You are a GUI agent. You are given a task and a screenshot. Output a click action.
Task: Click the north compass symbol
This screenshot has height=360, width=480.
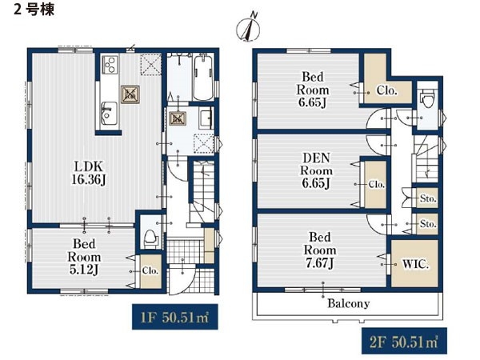248,28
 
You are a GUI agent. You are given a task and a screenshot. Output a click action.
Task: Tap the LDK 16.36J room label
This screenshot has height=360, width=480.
89,174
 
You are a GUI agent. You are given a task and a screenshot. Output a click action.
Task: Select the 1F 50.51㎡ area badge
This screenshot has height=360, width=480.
174,317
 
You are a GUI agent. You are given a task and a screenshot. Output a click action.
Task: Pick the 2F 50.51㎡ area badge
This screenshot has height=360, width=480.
404,341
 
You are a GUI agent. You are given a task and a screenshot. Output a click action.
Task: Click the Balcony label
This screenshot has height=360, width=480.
348,304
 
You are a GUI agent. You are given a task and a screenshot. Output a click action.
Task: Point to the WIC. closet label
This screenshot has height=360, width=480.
415,264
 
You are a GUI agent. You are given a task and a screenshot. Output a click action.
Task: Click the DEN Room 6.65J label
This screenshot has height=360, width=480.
316,171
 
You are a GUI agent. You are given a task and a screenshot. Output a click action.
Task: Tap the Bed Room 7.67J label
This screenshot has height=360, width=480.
319,250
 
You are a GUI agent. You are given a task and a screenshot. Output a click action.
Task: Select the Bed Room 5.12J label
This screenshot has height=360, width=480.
84,257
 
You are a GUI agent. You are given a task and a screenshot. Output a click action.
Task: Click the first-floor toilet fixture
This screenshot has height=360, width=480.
151,238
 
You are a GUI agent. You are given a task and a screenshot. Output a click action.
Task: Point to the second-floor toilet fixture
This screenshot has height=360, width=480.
427,98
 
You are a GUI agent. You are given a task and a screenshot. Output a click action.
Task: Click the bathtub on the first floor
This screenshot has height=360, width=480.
203,77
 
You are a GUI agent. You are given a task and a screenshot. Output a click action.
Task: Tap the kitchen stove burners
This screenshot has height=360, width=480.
110,65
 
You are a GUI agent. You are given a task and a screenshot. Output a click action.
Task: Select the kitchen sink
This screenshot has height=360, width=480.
110,114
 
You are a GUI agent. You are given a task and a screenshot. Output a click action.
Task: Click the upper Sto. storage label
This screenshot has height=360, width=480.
428,198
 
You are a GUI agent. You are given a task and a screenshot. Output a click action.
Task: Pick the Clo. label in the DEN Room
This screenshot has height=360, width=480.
376,185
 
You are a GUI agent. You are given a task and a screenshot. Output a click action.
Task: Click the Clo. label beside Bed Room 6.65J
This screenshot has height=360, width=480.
387,90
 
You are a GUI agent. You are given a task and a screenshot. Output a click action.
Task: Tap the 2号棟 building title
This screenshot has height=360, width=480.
34,10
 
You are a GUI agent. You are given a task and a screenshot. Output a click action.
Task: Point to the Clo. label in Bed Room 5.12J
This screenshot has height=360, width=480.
150,271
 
